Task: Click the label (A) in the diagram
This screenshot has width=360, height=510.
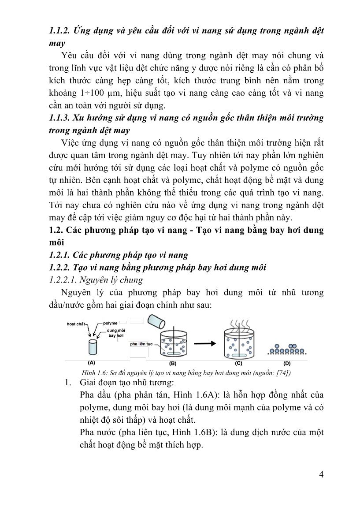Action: [92, 363]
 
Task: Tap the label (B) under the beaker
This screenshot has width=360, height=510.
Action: [173, 364]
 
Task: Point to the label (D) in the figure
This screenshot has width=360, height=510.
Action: [287, 364]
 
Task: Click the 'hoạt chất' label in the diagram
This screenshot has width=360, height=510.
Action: [76, 324]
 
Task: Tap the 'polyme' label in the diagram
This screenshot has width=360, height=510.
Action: [110, 323]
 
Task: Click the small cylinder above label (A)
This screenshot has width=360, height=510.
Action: [92, 347]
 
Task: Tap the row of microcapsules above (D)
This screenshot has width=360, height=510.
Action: [287, 350]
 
